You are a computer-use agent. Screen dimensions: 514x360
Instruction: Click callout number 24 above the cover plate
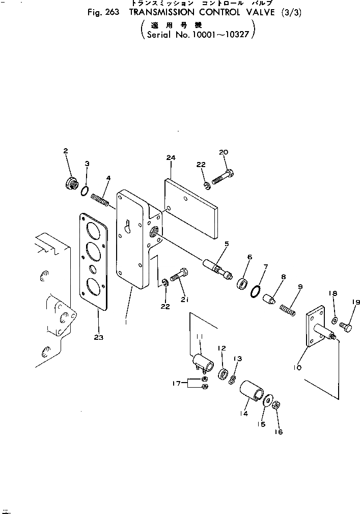tap(170, 158)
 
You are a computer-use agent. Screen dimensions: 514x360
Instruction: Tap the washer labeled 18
tap(335, 321)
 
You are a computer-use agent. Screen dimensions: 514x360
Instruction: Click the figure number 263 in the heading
tap(106, 14)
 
